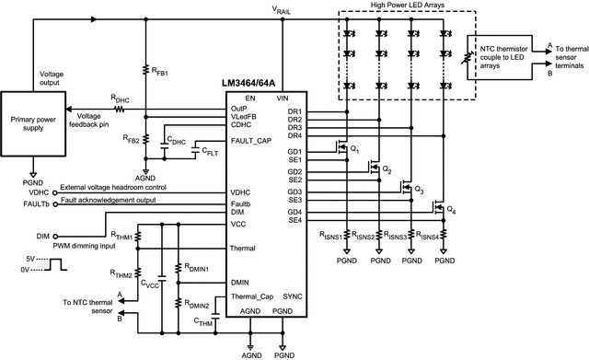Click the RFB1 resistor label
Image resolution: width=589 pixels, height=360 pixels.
[x=161, y=70]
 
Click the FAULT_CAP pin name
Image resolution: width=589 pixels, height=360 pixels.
[x=254, y=141]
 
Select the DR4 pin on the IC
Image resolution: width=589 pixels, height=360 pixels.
[x=295, y=134]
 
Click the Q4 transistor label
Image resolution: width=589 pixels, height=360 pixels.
[x=451, y=211]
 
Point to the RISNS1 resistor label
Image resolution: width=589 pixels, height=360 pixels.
[x=329, y=237]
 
